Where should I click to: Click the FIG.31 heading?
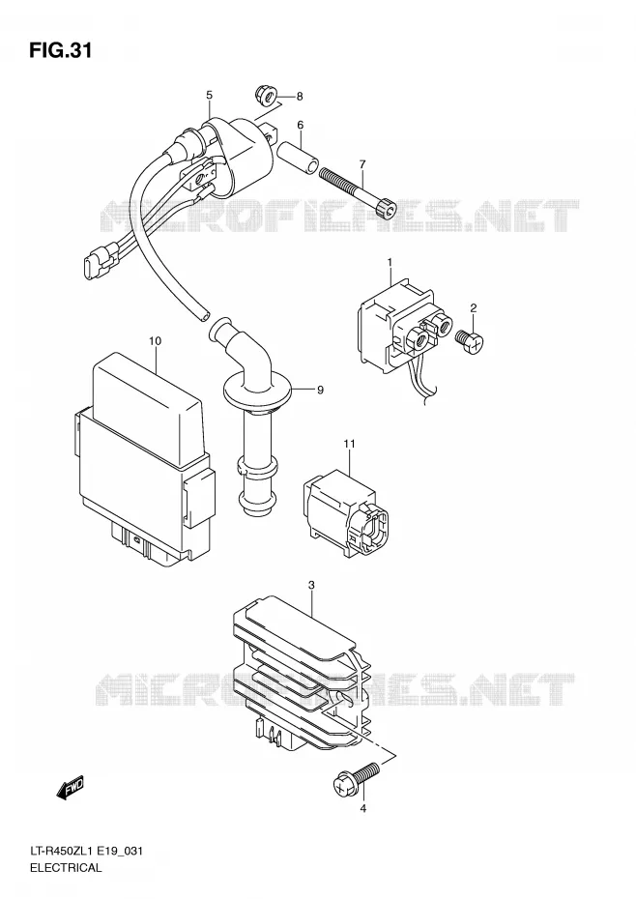(x=60, y=51)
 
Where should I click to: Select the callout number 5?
(x=210, y=95)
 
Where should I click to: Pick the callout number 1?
(x=390, y=263)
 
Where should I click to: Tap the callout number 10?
(x=155, y=341)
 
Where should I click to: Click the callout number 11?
(x=350, y=444)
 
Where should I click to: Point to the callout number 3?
(x=311, y=586)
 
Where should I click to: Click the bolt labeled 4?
(x=356, y=777)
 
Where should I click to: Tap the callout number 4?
(x=362, y=808)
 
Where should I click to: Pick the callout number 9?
(x=320, y=390)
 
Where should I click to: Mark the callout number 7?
(x=362, y=164)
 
